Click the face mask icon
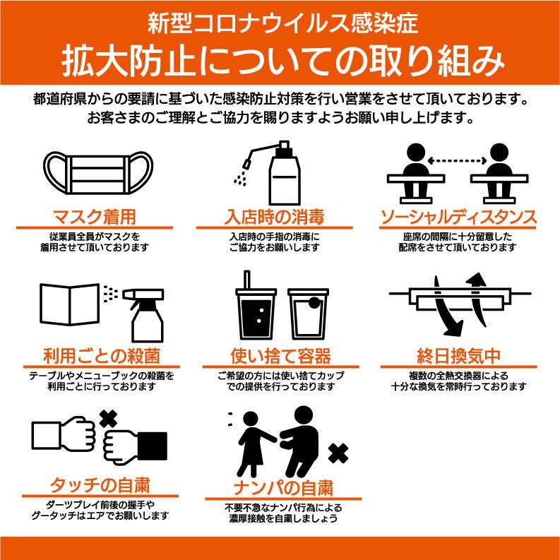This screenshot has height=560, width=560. pos(98,173)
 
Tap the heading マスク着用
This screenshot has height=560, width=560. pos(95,217)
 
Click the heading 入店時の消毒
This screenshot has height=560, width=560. pos(274,217)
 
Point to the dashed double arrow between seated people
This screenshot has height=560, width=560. pos(457,161)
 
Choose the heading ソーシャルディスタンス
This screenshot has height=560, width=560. pos(458,217)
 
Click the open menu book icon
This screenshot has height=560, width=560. pos(70,304)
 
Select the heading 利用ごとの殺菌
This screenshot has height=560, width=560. pos(102,356)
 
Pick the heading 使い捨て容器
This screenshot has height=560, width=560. pos(281,356)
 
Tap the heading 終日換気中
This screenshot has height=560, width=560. pos(458,356)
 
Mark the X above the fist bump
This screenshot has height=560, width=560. pos(109,419)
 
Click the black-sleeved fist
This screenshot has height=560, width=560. pos(135,446)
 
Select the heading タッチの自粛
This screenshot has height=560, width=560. pos(100,485)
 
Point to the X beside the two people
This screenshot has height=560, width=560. pos(338,453)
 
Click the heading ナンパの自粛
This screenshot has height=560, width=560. pos(283,488)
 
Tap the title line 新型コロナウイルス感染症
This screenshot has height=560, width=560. pos(282,23)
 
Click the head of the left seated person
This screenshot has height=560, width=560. pos(416,153)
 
